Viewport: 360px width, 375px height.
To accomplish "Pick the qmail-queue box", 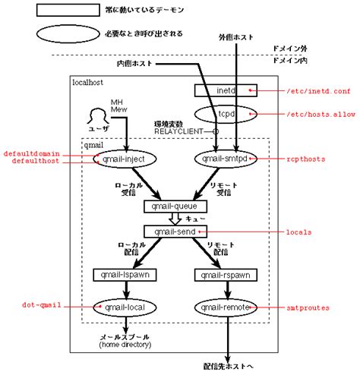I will point(175,206).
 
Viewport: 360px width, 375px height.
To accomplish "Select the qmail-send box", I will point(175,231).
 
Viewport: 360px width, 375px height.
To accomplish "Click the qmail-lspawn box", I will point(125,274).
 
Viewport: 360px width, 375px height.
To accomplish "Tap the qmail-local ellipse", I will point(125,307).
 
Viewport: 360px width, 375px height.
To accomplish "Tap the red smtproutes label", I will point(303,307).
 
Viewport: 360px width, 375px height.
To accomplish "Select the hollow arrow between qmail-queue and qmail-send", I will point(175,219).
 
